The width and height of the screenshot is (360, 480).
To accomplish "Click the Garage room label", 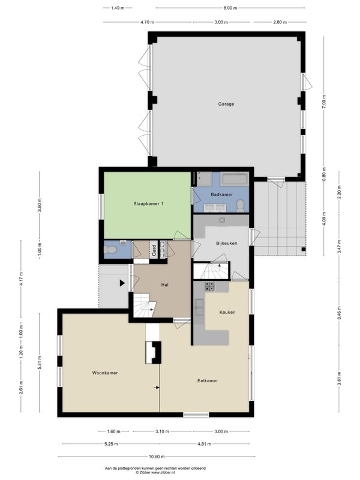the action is tap(226, 104).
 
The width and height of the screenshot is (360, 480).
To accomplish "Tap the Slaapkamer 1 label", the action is tap(148, 203).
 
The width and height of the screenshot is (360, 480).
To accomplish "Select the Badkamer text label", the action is tap(221, 194).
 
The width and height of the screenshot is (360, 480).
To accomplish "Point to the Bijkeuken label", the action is tap(227, 244).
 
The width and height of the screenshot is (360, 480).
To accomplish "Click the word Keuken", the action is tap(227, 312).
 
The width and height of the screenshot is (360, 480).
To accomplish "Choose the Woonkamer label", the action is tap(104, 373).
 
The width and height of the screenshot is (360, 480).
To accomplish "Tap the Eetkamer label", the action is tap(208, 381).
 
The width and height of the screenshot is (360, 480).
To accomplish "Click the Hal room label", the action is tap(164, 285).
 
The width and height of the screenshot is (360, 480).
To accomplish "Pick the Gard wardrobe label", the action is tap(154, 250).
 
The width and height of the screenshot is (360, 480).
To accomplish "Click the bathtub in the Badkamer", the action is tap(234, 179).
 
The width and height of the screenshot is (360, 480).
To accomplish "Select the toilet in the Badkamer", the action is tap(241, 206).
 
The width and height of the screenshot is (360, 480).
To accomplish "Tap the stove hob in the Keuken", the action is tap(209, 287).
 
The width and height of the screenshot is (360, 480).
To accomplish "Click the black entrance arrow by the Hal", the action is tap(122, 283).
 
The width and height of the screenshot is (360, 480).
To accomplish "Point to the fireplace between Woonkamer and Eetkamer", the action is tap(154, 353).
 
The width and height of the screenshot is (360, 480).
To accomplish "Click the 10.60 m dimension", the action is tap(157, 457).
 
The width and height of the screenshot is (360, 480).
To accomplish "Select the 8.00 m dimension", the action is tap(230, 8).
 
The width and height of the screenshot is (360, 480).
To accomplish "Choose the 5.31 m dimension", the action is tap(40, 362).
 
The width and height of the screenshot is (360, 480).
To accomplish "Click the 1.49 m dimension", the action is tap(118, 8).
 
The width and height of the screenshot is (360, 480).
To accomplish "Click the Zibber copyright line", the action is tap(155, 473).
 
